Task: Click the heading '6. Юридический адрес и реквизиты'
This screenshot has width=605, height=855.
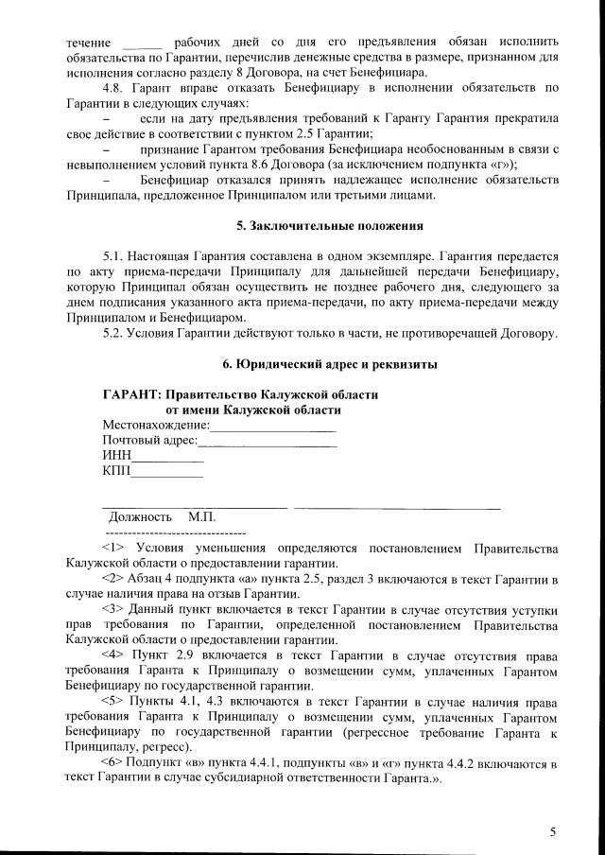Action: pyautogui.click(x=329, y=364)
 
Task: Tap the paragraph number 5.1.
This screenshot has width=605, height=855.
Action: pyautogui.click(x=114, y=256)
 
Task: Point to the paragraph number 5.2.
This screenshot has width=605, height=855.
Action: pyautogui.click(x=114, y=332)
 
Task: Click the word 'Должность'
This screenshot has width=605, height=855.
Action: pyautogui.click(x=141, y=517)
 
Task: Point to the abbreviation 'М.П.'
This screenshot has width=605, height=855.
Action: pyautogui.click(x=202, y=517)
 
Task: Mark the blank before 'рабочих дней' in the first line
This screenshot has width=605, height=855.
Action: pyautogui.click(x=143, y=44)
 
